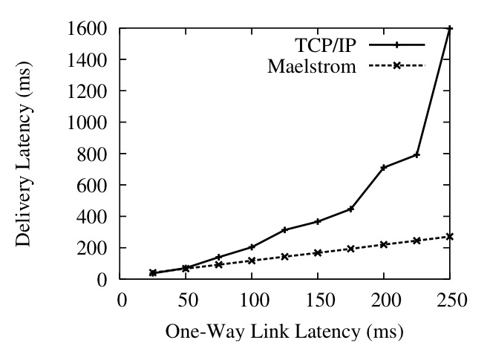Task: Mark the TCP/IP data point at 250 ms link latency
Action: pos(450,28)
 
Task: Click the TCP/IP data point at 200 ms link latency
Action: pos(384,168)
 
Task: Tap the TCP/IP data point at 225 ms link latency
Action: pos(417,154)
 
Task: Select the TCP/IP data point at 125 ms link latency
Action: pos(285,229)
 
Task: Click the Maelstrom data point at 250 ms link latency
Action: pos(450,237)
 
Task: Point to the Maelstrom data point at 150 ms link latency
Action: pos(318,252)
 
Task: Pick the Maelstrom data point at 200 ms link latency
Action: pos(384,244)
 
